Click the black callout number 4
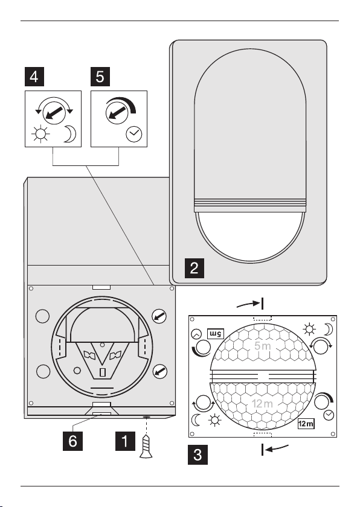tap(34, 77)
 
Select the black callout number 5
tap(100, 77)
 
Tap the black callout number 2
tap(194, 268)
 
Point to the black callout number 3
tap(198, 454)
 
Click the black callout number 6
tap(72, 441)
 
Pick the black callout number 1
tap(125, 441)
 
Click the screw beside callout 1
tap(146, 446)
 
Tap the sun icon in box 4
tap(40, 134)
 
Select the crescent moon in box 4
tap(69, 134)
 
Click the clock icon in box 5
tap(134, 134)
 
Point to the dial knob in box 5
tap(117, 112)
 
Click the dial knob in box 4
tap(54, 112)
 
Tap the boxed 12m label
tap(306, 423)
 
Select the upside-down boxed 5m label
tap(216, 333)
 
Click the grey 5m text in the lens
tap(262, 346)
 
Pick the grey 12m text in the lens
tap(262, 404)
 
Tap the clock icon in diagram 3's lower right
tap(329, 415)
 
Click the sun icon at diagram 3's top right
tap(309, 329)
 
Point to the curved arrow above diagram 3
tap(248, 304)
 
